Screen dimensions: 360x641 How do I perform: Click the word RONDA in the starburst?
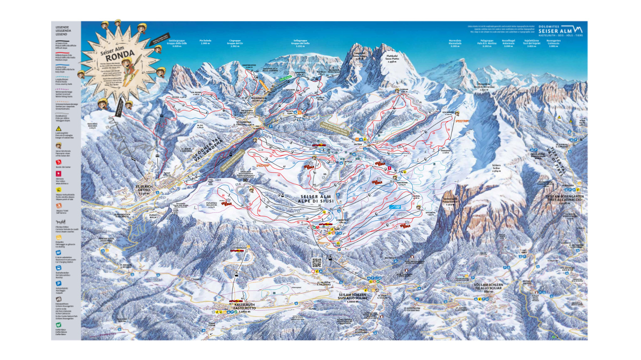pyautogui.click(x=120, y=55)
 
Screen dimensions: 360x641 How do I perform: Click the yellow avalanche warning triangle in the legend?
pyautogui.click(x=59, y=129)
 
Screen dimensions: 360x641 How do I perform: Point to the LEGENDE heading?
pyautogui.click(x=62, y=27)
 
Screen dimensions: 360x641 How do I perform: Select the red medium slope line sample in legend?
pyautogui.click(x=62, y=53)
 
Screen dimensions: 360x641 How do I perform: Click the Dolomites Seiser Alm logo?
pyautogui.click(x=560, y=31)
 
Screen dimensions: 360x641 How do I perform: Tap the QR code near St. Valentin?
pyautogui.click(x=317, y=263)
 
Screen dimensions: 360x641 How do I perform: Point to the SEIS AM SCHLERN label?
pyautogui.click(x=352, y=296)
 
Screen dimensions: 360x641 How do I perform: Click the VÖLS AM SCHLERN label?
pyautogui.click(x=489, y=286)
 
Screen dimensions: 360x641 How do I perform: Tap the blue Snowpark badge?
pyautogui.click(x=395, y=207)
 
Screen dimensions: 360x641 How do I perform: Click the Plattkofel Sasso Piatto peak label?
pyautogui.click(x=392, y=59)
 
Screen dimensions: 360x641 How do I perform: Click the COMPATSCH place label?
pyautogui.click(x=342, y=221)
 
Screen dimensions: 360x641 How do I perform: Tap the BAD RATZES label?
pyautogui.click(x=390, y=258)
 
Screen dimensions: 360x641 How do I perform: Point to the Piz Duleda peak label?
pyautogui.click(x=205, y=42)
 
